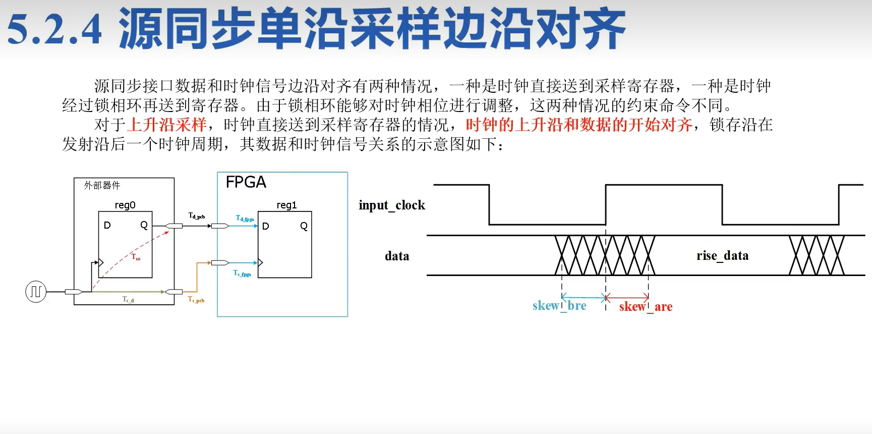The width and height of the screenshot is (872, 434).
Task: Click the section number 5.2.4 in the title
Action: point(54,29)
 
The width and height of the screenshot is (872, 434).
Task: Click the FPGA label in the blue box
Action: point(246,182)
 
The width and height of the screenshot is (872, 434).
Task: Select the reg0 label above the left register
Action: point(125,205)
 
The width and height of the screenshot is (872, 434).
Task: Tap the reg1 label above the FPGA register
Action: point(286,205)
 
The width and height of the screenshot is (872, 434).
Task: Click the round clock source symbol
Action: point(36,292)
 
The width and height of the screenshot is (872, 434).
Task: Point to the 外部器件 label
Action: point(102,185)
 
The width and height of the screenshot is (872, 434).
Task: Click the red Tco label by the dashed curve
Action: point(136,257)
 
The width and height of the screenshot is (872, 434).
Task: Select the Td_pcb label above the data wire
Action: point(196,216)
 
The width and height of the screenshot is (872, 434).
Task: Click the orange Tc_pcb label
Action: point(196,300)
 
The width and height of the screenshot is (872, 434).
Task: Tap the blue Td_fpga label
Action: point(245,218)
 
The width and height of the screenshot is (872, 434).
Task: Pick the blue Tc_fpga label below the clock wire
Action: point(242,273)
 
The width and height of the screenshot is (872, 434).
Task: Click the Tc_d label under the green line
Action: point(128,300)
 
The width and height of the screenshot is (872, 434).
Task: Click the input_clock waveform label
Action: point(392,205)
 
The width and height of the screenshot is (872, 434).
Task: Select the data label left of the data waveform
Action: point(397,256)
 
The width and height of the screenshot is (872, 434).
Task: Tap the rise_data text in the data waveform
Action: point(722,256)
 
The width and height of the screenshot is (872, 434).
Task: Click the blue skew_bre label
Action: point(559,306)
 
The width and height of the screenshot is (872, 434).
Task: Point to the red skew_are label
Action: point(646,307)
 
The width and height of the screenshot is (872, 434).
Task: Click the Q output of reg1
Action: point(304,226)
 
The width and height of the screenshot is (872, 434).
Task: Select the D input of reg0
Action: point(107,225)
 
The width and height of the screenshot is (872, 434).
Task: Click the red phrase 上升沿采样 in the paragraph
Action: point(167,125)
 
